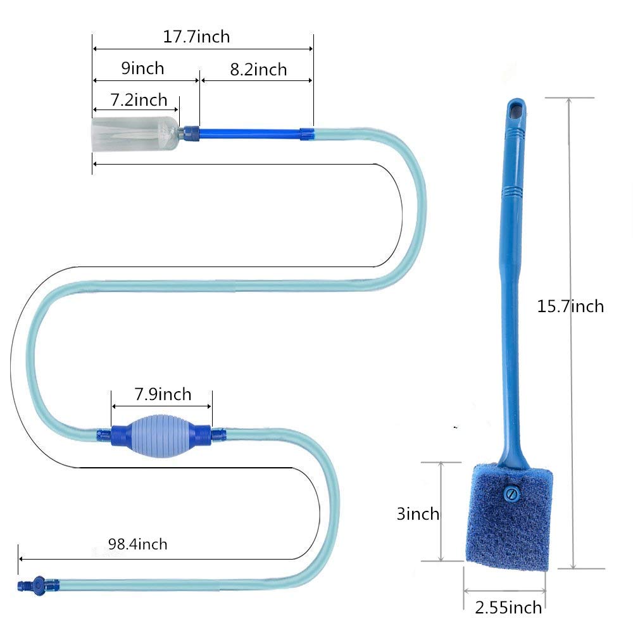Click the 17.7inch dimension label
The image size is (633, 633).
(x=196, y=37)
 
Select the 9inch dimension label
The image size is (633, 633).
(x=142, y=68)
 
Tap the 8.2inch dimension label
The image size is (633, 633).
(x=258, y=70)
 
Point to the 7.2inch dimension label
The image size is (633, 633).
(x=139, y=100)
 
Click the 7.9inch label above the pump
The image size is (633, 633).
(x=162, y=395)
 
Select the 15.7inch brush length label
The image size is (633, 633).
(x=570, y=306)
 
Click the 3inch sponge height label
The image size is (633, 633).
(x=418, y=513)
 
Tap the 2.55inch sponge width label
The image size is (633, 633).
(x=508, y=608)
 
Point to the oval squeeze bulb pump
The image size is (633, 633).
(x=162, y=434)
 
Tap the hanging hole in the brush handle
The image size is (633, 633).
(x=516, y=110)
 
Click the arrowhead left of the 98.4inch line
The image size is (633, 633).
(x=21, y=559)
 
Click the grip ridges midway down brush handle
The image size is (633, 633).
(x=513, y=189)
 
